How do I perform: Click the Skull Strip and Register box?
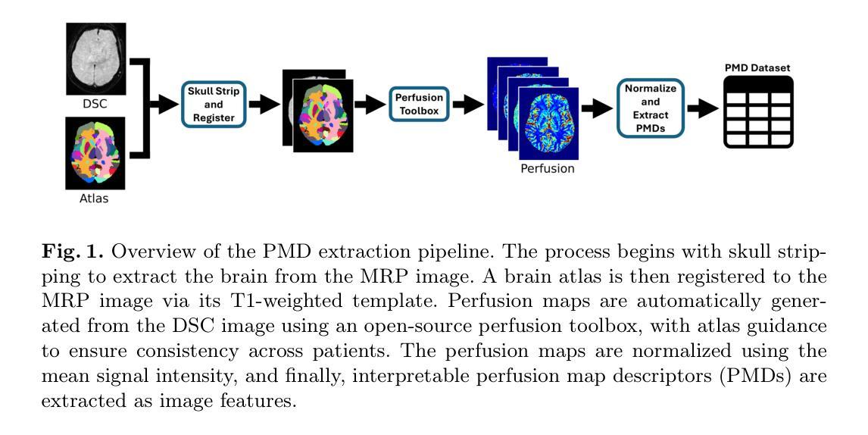click(x=213, y=105)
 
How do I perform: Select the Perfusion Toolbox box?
click(x=419, y=104)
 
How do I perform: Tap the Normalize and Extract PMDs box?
click(x=651, y=108)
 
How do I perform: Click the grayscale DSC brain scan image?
click(x=95, y=59)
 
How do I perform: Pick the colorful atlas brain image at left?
click(x=95, y=153)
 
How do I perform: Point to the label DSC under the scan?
click(x=95, y=104)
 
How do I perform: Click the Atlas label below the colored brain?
click(x=94, y=198)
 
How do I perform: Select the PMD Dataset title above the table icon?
click(x=757, y=68)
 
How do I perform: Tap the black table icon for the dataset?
click(x=758, y=112)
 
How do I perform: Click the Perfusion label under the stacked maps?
click(x=548, y=168)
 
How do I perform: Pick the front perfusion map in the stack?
click(x=548, y=123)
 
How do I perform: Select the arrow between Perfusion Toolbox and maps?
click(x=468, y=104)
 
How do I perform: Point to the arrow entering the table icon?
click(x=703, y=108)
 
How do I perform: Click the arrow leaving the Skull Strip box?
click(x=264, y=104)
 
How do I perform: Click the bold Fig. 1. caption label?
click(x=73, y=252)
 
